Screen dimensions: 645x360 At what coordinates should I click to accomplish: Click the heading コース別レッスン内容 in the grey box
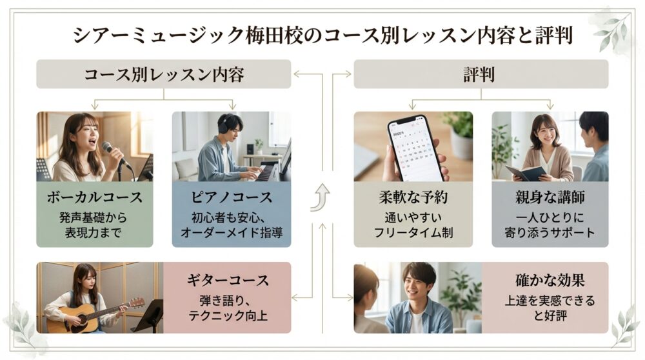pyautogui.click(x=164, y=74)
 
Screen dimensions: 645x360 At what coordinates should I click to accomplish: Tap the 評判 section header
pyautogui.click(x=480, y=74)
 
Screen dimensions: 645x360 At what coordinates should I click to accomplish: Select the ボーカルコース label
pyautogui.click(x=95, y=196)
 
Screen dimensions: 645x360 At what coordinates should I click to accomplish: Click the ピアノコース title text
pyautogui.click(x=232, y=196)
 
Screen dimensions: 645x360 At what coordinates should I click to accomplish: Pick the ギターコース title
pyautogui.click(x=227, y=281)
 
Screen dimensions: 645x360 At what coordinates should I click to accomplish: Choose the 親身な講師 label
pyautogui.click(x=550, y=197)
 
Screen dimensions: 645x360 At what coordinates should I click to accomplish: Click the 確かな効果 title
pyautogui.click(x=550, y=281)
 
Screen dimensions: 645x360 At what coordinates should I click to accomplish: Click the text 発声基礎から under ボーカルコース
pyautogui.click(x=95, y=217)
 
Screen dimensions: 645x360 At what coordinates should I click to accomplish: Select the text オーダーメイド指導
pyautogui.click(x=232, y=232)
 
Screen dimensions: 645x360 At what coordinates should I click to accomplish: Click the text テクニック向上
pyautogui.click(x=227, y=315)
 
